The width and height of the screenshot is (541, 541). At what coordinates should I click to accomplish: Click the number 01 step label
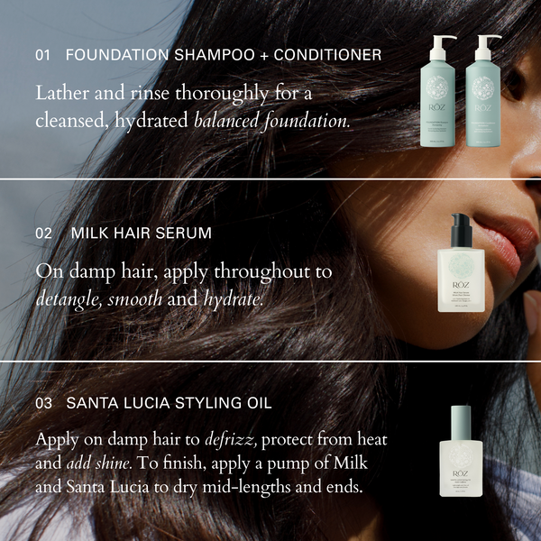pyautogui.click(x=42, y=55)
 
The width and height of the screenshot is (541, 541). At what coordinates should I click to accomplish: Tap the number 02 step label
pyautogui.click(x=43, y=233)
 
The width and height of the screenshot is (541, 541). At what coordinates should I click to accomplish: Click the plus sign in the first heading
pyautogui.click(x=262, y=55)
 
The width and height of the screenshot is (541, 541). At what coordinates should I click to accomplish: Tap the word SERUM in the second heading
pyautogui.click(x=184, y=233)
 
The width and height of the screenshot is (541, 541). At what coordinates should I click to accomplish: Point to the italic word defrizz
pyautogui.click(x=234, y=439)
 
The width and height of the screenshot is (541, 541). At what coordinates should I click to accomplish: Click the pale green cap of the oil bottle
pyautogui.click(x=461, y=420)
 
